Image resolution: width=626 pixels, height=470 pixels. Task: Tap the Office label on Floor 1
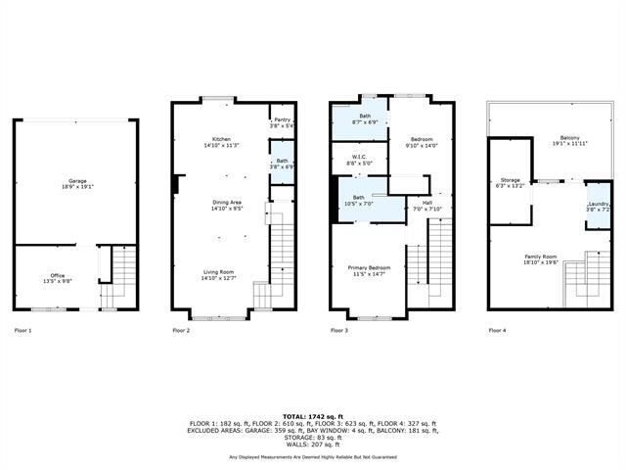pos(58,278)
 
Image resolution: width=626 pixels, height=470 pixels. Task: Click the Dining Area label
pos(220,205)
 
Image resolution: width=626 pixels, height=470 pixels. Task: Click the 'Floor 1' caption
pos(23,331)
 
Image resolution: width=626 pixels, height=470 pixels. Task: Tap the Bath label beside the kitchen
pos(282,164)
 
